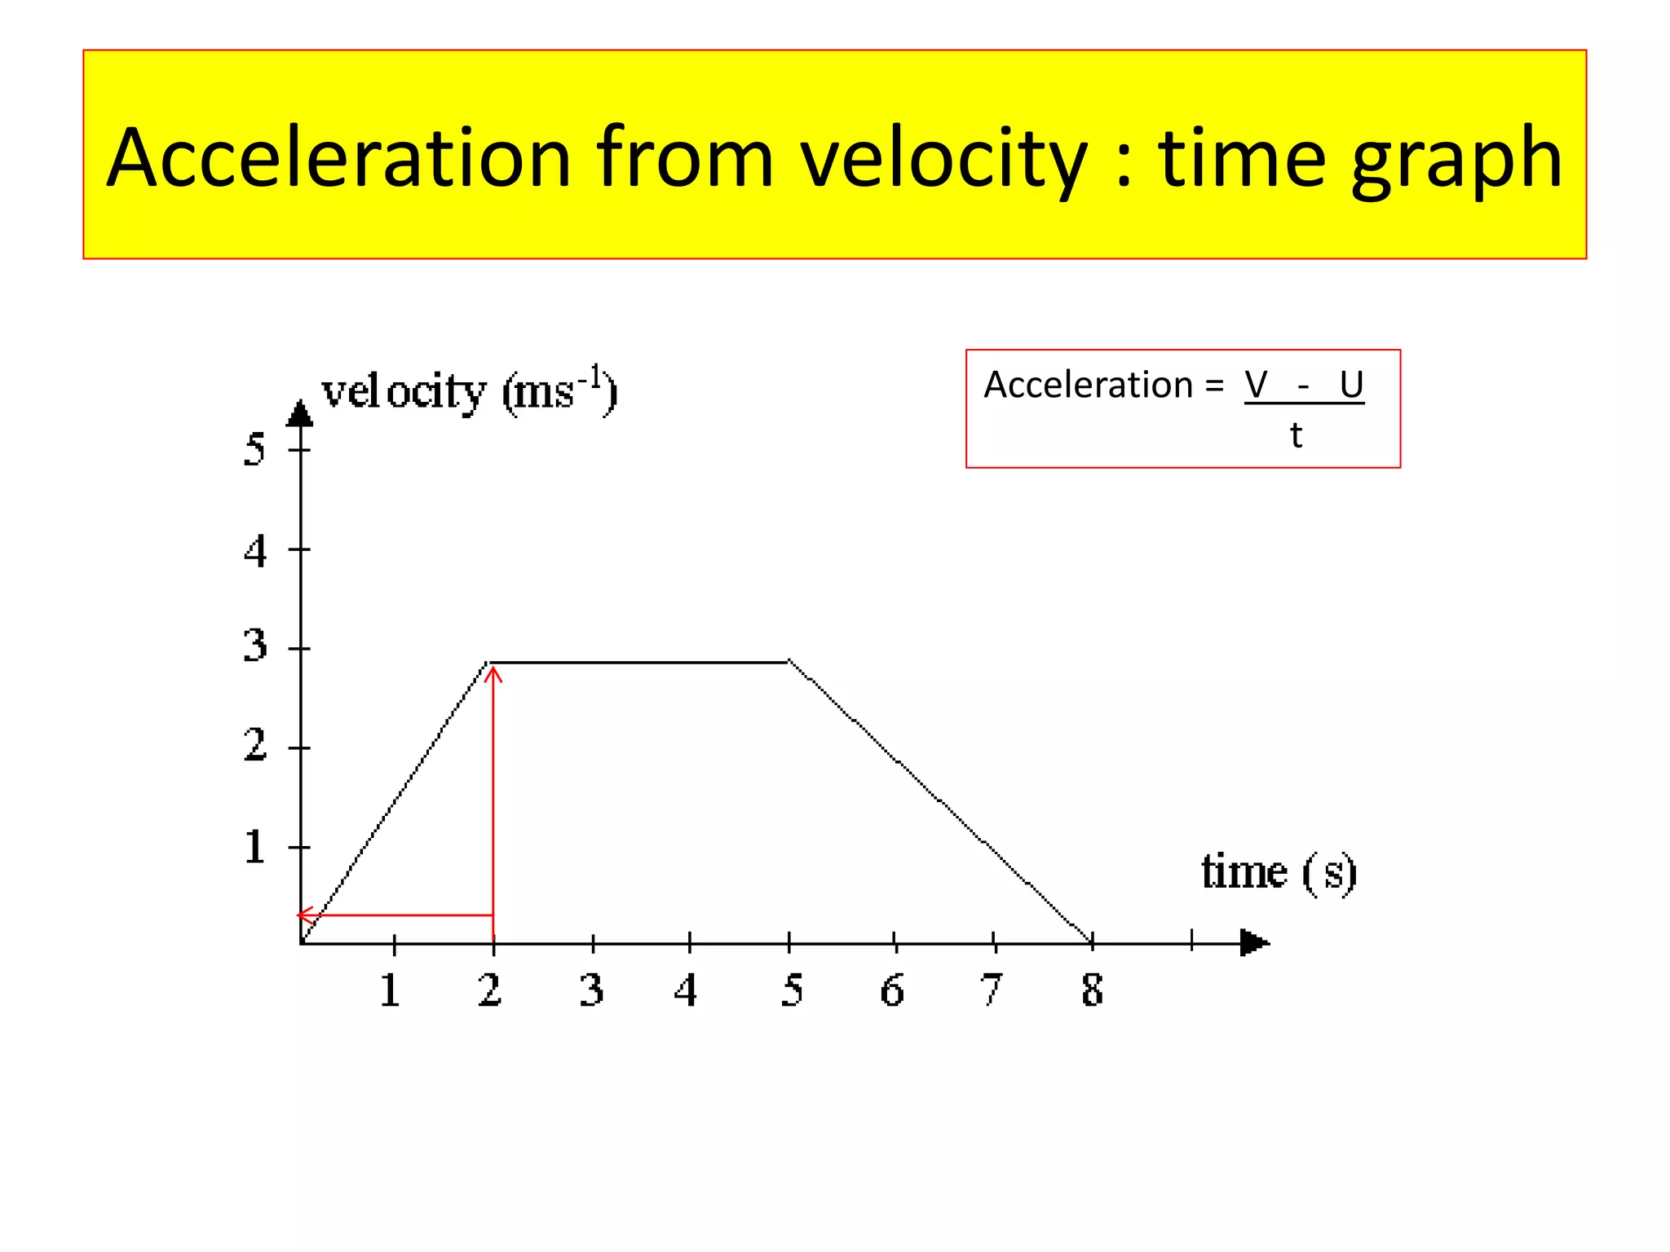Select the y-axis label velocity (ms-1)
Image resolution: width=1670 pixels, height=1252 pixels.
point(470,391)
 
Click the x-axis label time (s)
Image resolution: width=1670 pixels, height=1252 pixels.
point(1278,872)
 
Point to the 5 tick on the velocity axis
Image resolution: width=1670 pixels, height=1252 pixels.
point(254,449)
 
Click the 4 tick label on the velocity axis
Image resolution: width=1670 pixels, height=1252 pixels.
point(254,551)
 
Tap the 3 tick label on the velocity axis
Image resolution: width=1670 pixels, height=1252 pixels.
point(254,646)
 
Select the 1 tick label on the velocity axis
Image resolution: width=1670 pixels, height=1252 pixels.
point(254,847)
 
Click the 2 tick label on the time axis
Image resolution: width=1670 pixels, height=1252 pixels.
point(489,990)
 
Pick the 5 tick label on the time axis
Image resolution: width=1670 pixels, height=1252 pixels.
point(791,990)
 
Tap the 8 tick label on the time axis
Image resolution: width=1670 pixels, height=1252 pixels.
point(1092,990)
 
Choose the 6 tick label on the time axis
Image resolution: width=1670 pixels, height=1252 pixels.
point(892,990)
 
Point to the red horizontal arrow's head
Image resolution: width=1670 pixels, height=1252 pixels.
point(300,915)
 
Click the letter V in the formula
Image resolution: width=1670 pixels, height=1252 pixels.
point(1256,385)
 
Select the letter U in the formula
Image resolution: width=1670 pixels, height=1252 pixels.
point(1351,385)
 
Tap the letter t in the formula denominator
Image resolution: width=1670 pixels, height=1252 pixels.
point(1296,436)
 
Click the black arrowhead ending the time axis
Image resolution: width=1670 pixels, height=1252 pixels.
point(1254,943)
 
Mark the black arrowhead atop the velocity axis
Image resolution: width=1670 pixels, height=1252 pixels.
point(300,414)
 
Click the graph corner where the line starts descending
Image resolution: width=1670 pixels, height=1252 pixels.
point(789,662)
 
